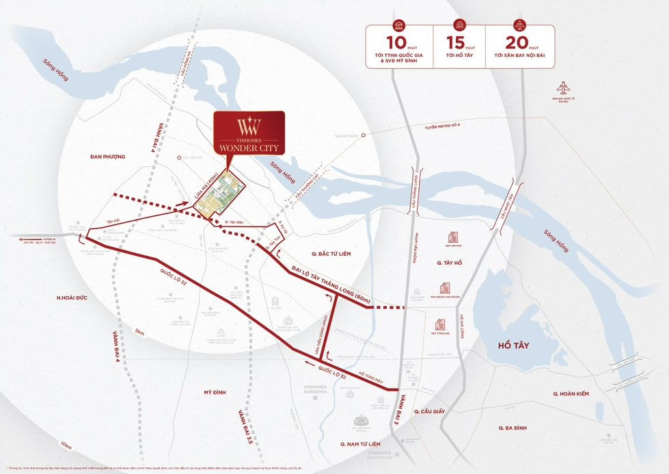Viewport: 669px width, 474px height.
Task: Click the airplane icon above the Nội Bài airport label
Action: coord(563,88)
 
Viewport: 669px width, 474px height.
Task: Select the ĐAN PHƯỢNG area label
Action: coord(107,157)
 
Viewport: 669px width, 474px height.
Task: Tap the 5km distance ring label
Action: coord(139,333)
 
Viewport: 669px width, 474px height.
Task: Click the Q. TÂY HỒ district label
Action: coord(451,262)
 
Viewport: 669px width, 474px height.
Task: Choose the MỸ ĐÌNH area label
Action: coord(215,393)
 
